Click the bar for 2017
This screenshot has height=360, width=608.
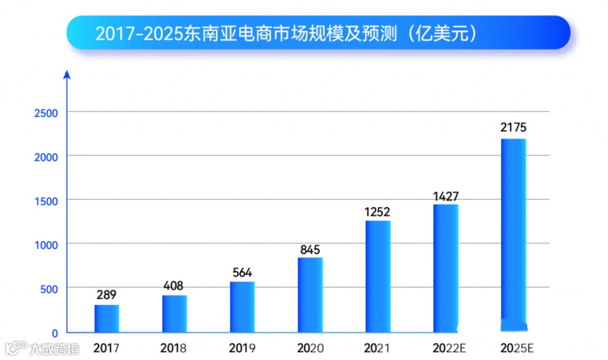pyautogui.click(x=107, y=318)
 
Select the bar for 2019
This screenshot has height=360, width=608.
pyautogui.click(x=242, y=307)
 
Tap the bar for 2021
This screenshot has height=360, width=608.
pyautogui.click(x=378, y=276)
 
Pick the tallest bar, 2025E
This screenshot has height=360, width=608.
pyautogui.click(x=514, y=235)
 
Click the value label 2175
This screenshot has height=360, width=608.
pyautogui.click(x=514, y=128)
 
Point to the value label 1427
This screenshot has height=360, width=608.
pyautogui.click(x=445, y=196)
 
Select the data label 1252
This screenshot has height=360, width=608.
pyautogui.click(x=378, y=212)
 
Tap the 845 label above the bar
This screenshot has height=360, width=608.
pyautogui.click(x=310, y=250)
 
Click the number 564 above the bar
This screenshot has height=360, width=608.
pyautogui.click(x=242, y=273)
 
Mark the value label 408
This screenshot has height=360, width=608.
pyautogui.click(x=175, y=286)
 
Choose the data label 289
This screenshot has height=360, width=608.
pyautogui.click(x=107, y=295)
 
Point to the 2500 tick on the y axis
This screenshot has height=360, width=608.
pyautogui.click(x=45, y=113)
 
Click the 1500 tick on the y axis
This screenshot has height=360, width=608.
pyautogui.click(x=45, y=201)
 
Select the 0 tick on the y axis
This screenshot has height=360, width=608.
pyautogui.click(x=54, y=333)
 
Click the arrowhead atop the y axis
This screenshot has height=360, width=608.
pyautogui.click(x=67, y=74)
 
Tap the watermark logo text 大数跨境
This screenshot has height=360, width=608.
pyautogui.click(x=55, y=348)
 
